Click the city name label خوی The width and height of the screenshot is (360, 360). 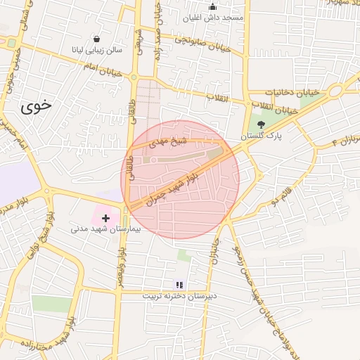point(36,107)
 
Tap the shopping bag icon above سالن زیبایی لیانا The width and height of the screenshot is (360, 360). point(96,39)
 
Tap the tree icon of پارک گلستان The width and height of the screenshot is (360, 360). point(262,124)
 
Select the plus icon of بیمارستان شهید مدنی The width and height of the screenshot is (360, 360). point(105,218)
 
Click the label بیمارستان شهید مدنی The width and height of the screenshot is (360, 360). point(105,229)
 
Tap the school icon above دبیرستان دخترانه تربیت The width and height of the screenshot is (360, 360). point(180,285)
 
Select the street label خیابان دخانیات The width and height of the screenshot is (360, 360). point(292,93)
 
